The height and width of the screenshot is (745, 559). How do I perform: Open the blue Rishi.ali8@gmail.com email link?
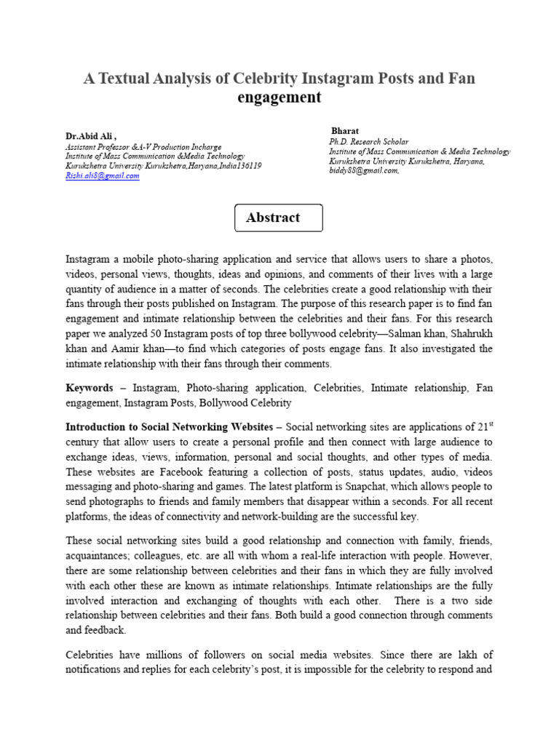[x=102, y=176]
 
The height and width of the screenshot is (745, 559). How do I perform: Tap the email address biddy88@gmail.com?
[x=363, y=171]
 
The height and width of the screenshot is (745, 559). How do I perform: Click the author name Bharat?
[x=346, y=131]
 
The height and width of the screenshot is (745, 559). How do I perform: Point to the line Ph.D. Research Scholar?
[x=369, y=142]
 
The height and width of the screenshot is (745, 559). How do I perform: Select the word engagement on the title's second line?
[x=279, y=97]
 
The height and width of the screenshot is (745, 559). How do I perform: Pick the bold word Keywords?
[x=90, y=389]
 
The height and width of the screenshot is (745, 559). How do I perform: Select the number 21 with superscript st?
[x=483, y=426]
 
